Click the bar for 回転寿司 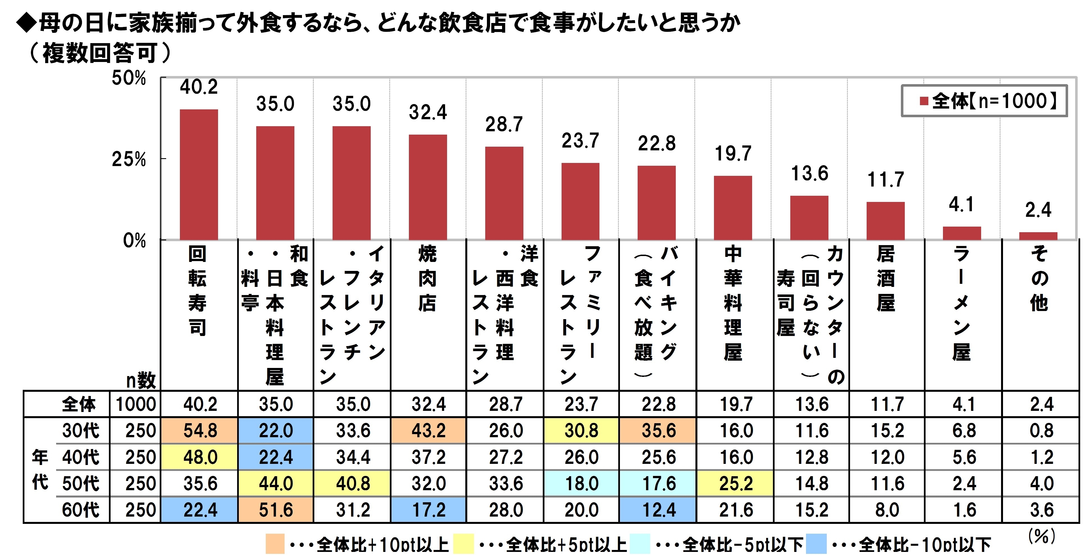[199, 174]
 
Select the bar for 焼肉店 [428, 187]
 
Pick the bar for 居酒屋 [885, 221]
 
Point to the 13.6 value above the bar [809, 174]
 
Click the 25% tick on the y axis [129, 160]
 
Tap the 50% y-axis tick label [129, 78]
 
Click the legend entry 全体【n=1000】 [984, 101]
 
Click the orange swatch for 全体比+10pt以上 [275, 544]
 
